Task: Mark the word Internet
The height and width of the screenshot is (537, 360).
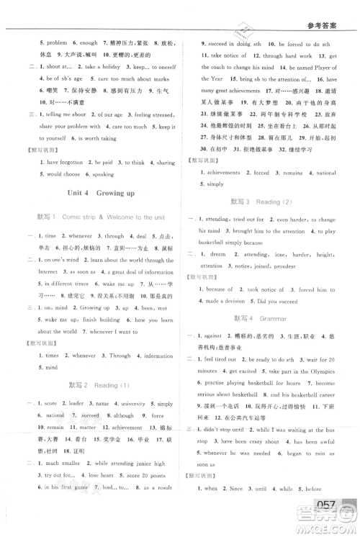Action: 45,272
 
